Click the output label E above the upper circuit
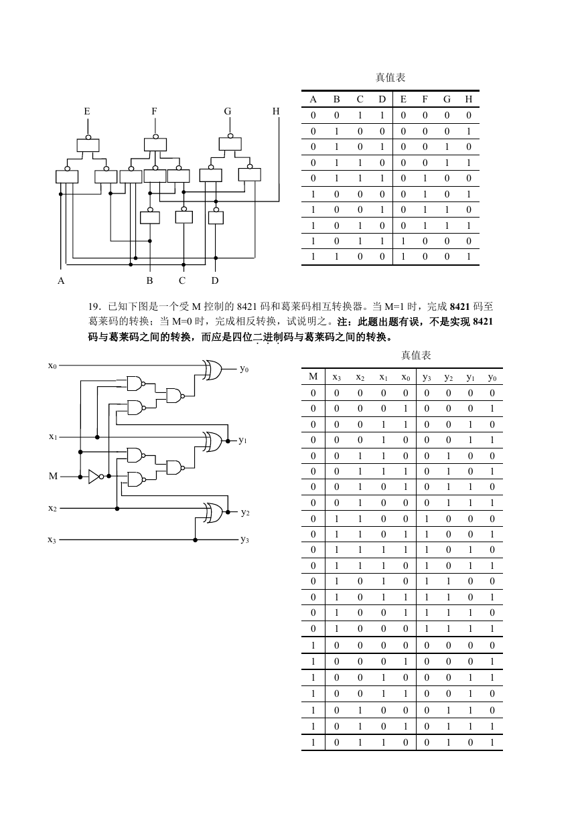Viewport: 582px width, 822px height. tap(87, 111)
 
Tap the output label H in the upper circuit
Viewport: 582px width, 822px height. tap(276, 111)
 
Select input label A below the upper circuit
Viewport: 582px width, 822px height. tap(61, 280)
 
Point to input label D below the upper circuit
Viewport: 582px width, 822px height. tap(215, 280)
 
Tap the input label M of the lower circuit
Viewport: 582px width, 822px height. tap(53, 476)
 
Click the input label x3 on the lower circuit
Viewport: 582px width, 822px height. tap(52, 540)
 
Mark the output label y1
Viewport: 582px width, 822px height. tap(242, 440)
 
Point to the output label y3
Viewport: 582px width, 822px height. tap(245, 539)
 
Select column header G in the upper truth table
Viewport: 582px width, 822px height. tap(447, 99)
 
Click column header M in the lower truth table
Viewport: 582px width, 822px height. tap(313, 376)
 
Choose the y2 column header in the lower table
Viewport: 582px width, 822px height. tap(448, 378)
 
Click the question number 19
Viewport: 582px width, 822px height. tap(95, 307)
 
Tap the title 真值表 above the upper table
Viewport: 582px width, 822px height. tap(390, 78)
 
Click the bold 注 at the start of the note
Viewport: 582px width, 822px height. tap(342, 322)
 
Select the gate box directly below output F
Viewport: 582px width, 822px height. tap(155, 145)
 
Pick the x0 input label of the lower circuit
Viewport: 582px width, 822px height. tap(52, 365)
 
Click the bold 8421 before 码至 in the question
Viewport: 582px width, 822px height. tap(460, 307)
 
